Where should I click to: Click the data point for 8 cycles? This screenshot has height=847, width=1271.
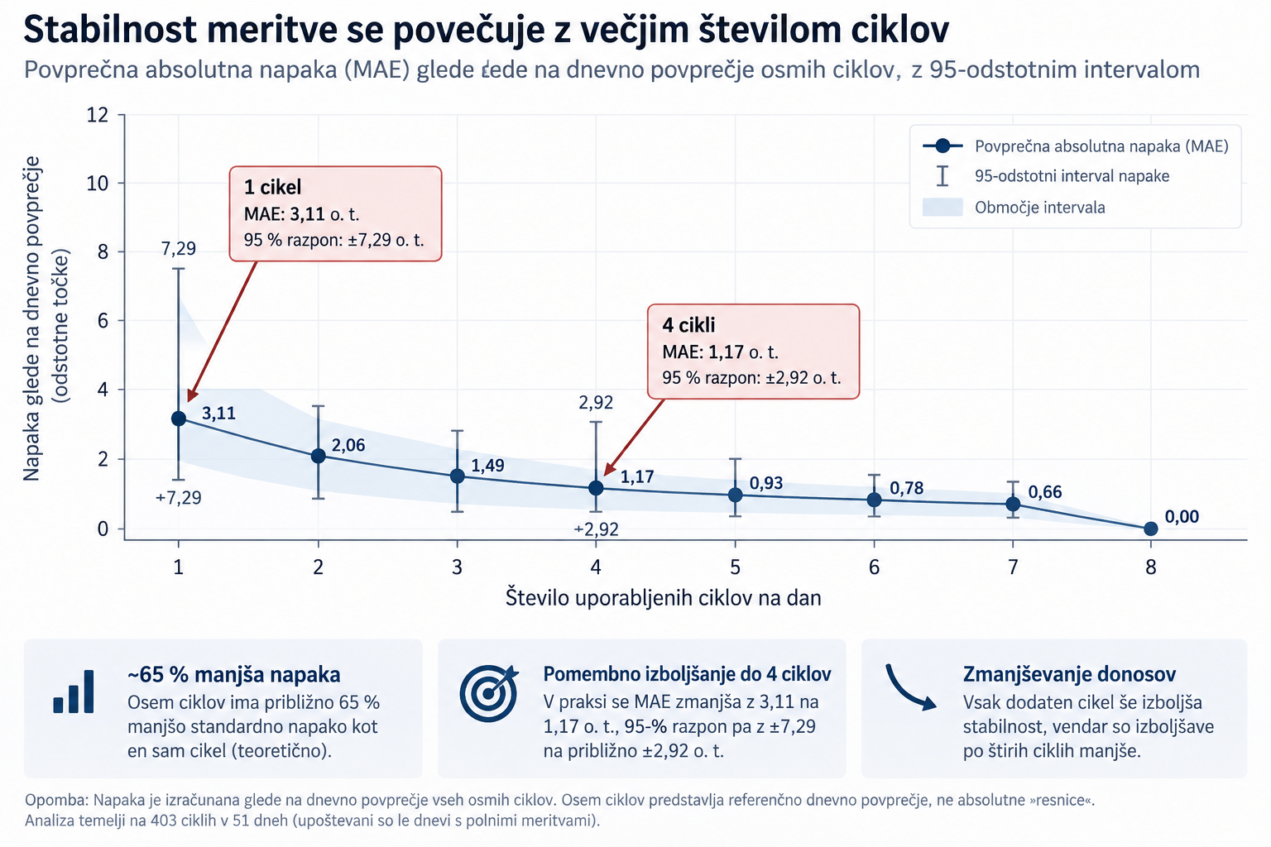[x=1150, y=529]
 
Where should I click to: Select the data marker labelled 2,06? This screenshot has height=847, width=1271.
[x=319, y=456]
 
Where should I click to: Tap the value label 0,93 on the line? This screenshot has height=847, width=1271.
[x=766, y=483]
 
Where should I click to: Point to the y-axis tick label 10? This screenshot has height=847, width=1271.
[x=97, y=184]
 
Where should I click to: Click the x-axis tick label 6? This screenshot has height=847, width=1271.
[x=874, y=567]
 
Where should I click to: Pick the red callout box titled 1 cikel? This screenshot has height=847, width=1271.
[x=335, y=214]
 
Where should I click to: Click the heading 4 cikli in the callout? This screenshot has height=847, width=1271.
[x=688, y=325]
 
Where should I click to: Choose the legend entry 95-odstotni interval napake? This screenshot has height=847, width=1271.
[x=1046, y=176]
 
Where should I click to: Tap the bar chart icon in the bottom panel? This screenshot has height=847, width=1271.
[x=73, y=691]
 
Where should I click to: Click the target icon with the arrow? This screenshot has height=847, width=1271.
[x=489, y=692]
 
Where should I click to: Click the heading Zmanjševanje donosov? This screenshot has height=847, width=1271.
[x=1069, y=674]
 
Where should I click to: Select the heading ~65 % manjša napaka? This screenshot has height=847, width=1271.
[x=234, y=674]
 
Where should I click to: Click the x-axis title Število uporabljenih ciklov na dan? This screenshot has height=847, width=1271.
[x=664, y=598]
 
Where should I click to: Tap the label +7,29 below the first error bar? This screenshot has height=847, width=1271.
[x=178, y=498]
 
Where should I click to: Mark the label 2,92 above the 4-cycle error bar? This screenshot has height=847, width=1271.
[x=596, y=402]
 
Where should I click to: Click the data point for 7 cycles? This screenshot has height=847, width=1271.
[x=1013, y=504]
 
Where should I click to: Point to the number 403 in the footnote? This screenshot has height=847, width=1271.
[x=164, y=821]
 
